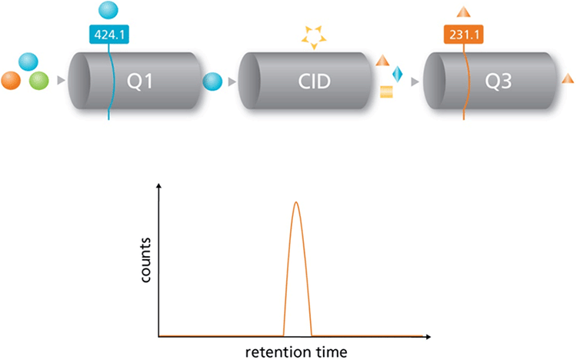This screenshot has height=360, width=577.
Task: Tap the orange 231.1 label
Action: pyautogui.click(x=463, y=34)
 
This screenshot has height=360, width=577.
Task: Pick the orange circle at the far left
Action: pyautogui.click(x=12, y=80)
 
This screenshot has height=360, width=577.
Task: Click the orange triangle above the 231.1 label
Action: pyautogui.click(x=464, y=12)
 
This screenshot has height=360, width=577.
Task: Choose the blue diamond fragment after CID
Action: pyautogui.click(x=398, y=74)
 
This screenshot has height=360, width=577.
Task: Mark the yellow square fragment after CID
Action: pyautogui.click(x=387, y=93)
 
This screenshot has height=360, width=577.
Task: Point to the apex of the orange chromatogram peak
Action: pyautogui.click(x=297, y=202)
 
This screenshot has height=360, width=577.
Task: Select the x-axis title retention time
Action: pyautogui.click(x=296, y=352)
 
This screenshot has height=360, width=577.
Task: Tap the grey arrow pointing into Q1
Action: pyautogui.click(x=61, y=79)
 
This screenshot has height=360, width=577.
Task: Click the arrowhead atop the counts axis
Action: pyautogui.click(x=159, y=188)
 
